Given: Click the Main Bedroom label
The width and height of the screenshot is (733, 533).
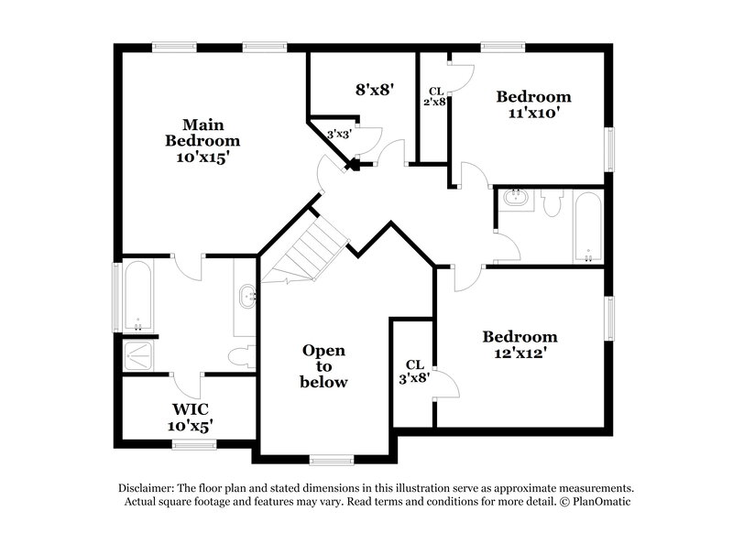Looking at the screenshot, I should click(202, 133).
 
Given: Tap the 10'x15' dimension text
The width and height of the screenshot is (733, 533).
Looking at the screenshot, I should click(202, 157).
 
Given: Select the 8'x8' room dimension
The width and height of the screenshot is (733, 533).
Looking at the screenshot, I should click(374, 90).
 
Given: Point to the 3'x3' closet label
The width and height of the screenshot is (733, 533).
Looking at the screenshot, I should click(340, 135).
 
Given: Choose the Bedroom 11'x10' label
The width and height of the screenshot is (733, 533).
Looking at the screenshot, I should click(533, 104).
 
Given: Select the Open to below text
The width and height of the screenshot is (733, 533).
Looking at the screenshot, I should click(323, 365).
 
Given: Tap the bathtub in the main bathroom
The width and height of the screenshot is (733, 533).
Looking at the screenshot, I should click(138, 296).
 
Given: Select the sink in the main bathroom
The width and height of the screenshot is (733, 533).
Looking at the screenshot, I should click(246, 297).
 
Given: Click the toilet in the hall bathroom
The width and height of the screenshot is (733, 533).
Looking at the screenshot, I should click(550, 202).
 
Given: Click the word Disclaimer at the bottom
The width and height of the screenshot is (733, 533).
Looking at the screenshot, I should click(149, 488).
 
